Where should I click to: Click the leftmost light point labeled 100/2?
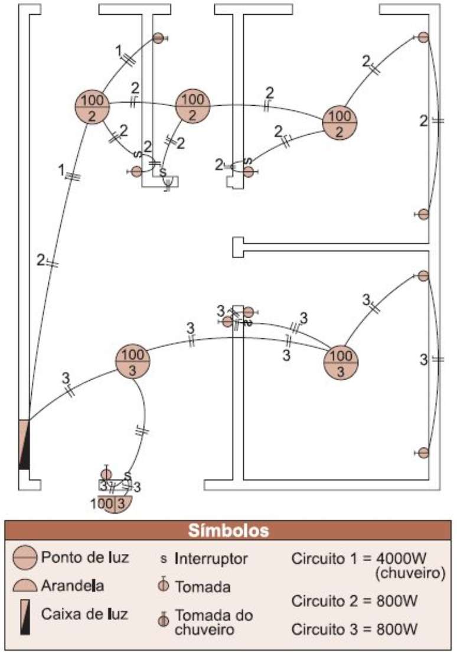tap(93, 107)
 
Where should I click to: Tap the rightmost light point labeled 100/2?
tap(341, 123)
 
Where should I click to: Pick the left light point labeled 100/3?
tap(132, 361)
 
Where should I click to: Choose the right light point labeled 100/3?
tap(341, 361)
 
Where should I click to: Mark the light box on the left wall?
tap(24, 444)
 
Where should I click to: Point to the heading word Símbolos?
tap(228, 530)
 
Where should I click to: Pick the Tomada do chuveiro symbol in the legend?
tap(164, 622)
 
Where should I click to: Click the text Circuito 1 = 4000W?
tap(368, 558)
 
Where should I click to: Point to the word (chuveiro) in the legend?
tap(410, 573)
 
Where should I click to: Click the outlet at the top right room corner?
tap(423, 37)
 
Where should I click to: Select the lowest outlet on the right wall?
tap(423, 452)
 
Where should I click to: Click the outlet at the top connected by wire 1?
tap(158, 38)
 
